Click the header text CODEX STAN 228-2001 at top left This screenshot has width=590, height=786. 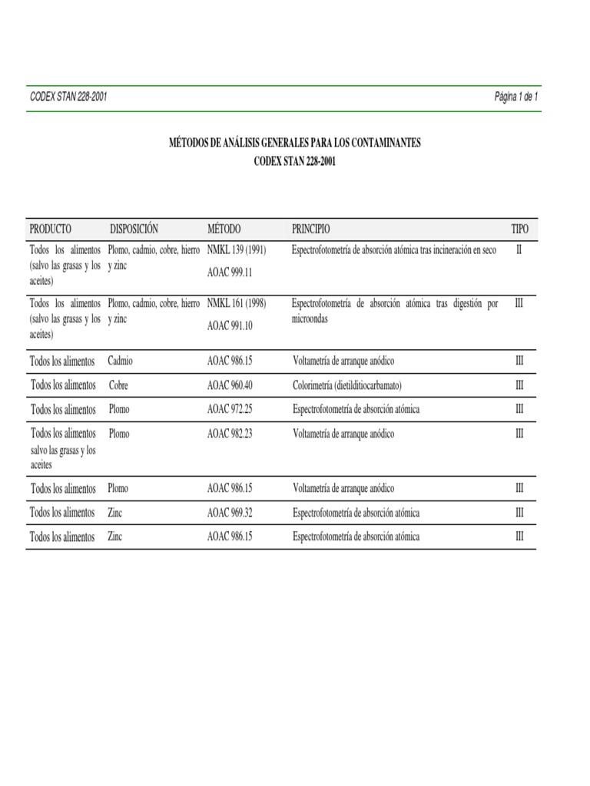pyautogui.click(x=68, y=98)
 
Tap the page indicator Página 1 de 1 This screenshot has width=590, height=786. pyautogui.click(x=516, y=98)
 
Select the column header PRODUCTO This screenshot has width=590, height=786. pyautogui.click(x=51, y=229)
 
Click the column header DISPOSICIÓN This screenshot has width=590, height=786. pyautogui.click(x=134, y=229)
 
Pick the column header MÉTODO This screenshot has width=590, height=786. pyautogui.click(x=224, y=229)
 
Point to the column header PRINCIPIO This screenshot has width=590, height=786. pyautogui.click(x=311, y=229)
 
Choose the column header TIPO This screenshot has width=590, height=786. pyautogui.click(x=520, y=229)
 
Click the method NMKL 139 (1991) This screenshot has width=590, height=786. pyautogui.click(x=237, y=250)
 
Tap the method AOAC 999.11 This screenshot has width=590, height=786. pyautogui.click(x=230, y=272)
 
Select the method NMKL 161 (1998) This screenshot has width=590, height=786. pyautogui.click(x=237, y=304)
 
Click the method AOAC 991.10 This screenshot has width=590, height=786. pyautogui.click(x=230, y=325)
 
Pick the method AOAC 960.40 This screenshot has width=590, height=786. pyautogui.click(x=230, y=385)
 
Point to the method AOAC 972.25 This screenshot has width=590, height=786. pyautogui.click(x=230, y=409)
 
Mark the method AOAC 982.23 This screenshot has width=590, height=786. pyautogui.click(x=230, y=434)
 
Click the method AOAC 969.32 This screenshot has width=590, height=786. pyautogui.click(x=230, y=513)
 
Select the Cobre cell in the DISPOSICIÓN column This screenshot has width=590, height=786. pyautogui.click(x=119, y=385)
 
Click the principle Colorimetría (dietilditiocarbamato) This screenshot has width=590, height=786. pyautogui.click(x=348, y=385)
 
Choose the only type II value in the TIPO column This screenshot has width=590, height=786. pyautogui.click(x=519, y=250)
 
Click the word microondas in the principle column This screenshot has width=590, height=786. pyautogui.click(x=310, y=319)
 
